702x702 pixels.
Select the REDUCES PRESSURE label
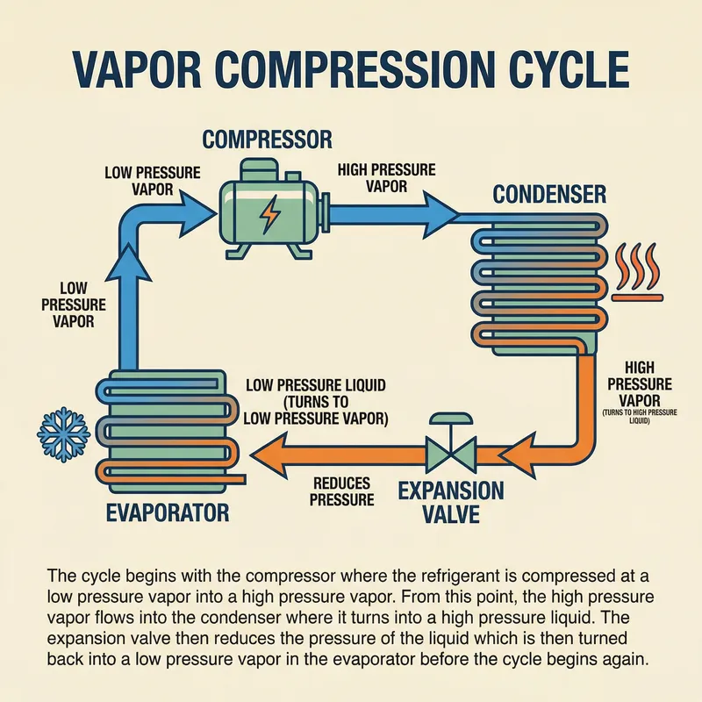(341, 491)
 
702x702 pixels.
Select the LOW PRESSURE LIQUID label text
(316, 385)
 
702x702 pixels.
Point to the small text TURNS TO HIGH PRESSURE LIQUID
(648, 415)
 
